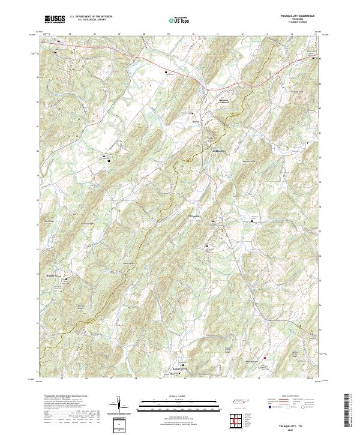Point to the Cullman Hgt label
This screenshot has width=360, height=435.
click(x=219, y=151)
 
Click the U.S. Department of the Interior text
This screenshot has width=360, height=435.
click(x=91, y=16)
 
